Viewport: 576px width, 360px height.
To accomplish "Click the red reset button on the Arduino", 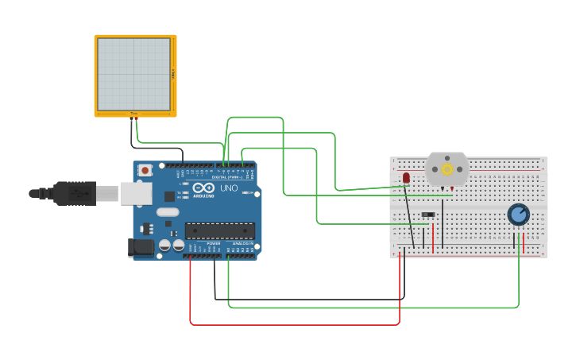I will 145,169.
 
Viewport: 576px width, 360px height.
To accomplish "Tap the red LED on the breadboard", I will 406,177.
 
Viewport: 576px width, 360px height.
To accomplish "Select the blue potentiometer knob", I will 518,214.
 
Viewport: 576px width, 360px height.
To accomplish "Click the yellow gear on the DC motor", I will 447,168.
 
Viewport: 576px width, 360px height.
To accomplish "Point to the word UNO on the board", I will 229,188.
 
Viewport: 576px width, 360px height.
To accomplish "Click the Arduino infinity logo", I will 203,188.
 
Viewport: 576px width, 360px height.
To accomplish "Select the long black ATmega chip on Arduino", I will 220,230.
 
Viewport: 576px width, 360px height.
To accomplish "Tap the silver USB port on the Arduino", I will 137,193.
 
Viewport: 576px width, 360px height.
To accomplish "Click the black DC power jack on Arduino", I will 141,247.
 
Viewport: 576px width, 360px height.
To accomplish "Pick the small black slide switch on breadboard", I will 428,215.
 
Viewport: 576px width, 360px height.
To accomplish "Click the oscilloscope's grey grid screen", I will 133,74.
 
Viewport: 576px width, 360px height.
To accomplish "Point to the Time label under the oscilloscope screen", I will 133,114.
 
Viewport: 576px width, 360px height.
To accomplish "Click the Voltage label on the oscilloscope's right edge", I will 173,73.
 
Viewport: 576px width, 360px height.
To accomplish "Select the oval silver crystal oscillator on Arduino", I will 168,212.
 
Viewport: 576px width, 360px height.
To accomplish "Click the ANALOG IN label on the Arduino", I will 242,243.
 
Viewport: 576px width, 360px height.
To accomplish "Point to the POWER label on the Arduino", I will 214,243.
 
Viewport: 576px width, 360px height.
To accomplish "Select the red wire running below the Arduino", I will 294,324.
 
